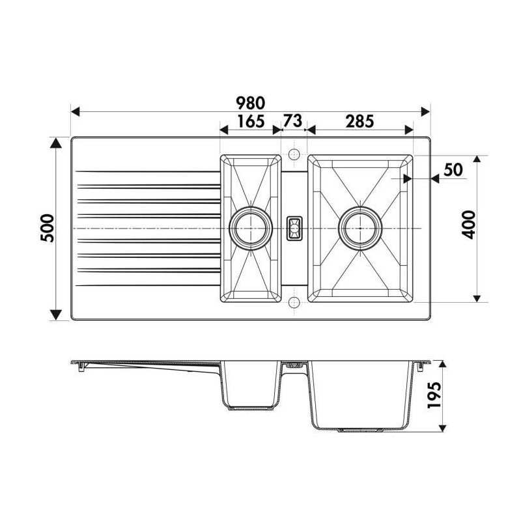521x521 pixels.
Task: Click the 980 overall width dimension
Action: [251, 103]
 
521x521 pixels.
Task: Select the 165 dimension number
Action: [251, 121]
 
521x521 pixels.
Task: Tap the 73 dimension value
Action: [292, 120]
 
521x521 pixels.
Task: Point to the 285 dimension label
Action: [360, 121]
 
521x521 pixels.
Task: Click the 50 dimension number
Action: [453, 170]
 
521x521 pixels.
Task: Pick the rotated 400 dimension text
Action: [469, 225]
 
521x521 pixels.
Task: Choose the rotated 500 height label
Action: [47, 229]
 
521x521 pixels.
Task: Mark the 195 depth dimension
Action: [434, 395]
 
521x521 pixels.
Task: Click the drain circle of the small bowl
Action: [250, 229]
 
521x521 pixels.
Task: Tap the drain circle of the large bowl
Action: [360, 229]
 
